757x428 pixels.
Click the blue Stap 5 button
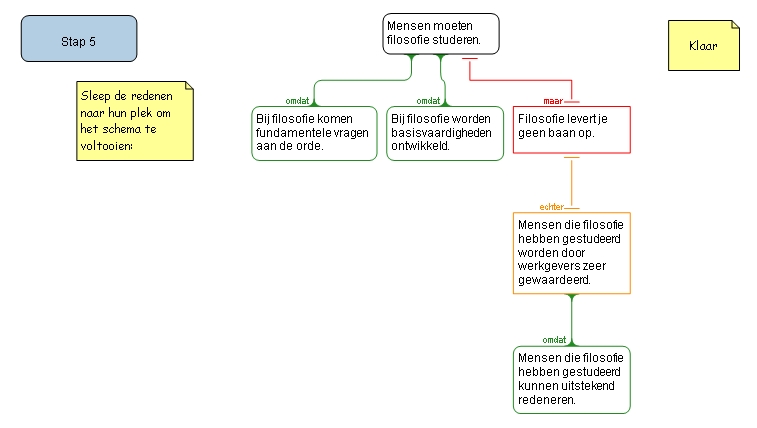click(79, 40)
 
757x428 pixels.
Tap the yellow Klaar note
click(704, 46)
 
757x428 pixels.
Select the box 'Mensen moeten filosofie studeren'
click(440, 34)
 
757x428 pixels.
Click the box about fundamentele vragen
click(314, 134)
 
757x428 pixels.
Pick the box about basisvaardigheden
click(445, 134)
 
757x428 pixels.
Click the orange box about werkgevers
click(571, 252)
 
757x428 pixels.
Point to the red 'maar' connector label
click(552, 101)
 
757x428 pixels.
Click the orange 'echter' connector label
click(551, 207)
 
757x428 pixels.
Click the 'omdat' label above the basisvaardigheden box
click(428, 101)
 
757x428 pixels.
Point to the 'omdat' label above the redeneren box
click(555, 340)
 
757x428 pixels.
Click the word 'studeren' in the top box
click(455, 41)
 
